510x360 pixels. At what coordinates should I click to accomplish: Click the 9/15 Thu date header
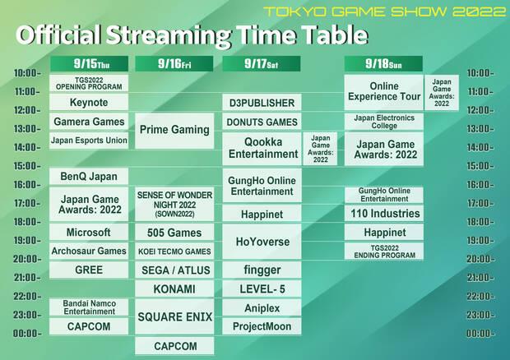coord(89,63)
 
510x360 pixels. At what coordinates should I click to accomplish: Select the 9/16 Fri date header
coord(174,63)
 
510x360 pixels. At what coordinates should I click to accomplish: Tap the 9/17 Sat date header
coord(261,63)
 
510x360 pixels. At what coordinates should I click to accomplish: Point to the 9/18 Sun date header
coord(383,63)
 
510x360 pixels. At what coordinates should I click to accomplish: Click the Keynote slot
coord(89,103)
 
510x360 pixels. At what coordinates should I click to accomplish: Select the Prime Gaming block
coord(174,130)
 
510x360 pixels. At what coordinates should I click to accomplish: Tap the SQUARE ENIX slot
coord(174,316)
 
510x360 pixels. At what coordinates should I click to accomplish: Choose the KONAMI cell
coord(174,289)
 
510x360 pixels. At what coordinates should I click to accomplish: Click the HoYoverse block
coord(261,242)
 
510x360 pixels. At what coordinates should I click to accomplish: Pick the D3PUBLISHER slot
coord(261,103)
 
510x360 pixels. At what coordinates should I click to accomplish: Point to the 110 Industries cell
coord(383,214)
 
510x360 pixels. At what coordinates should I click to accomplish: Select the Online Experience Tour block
coord(383,92)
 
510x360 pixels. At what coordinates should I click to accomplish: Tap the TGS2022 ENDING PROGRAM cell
coord(383,252)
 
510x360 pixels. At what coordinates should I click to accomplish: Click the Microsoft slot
coord(89,233)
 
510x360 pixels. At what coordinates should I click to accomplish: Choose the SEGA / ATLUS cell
coord(174,270)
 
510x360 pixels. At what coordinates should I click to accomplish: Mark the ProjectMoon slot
coord(261,326)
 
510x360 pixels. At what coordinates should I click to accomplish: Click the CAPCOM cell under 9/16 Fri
coord(174,345)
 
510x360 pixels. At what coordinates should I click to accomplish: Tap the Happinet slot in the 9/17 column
coord(261,214)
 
